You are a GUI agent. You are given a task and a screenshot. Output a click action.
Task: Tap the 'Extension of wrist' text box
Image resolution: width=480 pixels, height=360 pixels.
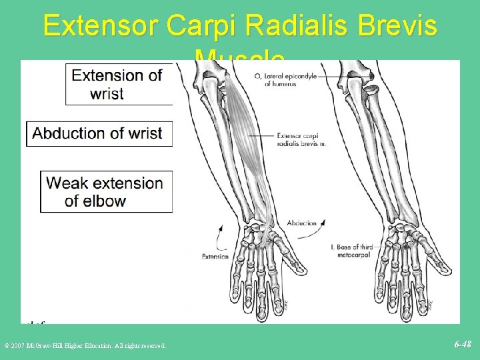(x=119, y=84)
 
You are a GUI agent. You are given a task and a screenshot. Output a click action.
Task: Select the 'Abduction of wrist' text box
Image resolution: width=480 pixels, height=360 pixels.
(x=99, y=133)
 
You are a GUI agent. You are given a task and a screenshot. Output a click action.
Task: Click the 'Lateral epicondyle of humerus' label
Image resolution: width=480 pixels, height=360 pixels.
(x=281, y=80)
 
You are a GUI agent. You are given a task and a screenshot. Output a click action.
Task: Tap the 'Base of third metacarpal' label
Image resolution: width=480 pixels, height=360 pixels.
(x=354, y=251)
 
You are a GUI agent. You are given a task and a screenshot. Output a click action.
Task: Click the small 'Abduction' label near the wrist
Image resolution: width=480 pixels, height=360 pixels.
(x=301, y=223)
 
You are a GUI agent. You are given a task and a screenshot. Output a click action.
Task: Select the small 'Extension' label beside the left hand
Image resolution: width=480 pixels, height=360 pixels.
(x=215, y=256)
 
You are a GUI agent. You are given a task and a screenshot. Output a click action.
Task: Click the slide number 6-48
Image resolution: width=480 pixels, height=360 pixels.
(x=463, y=345)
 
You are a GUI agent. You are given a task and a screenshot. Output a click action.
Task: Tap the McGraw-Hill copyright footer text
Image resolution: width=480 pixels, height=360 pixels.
(x=85, y=345)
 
